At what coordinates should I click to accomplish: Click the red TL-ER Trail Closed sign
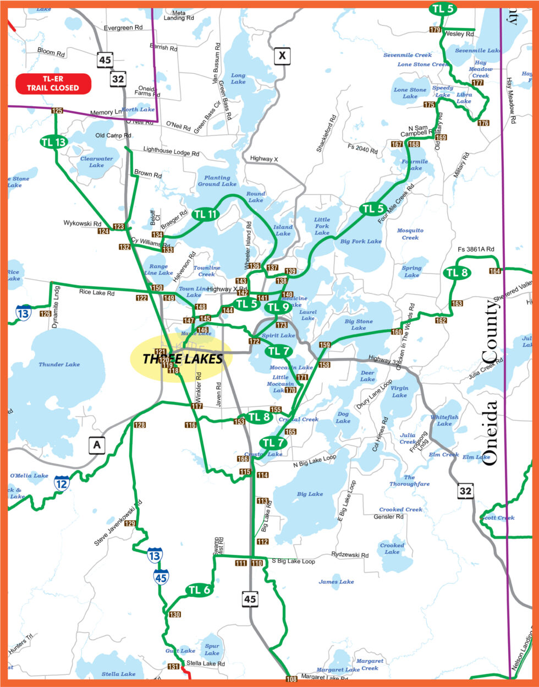coord(53,83)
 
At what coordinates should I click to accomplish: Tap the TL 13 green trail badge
coord(54,142)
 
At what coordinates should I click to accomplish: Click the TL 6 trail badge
coord(199,590)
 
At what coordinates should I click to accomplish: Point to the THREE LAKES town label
coord(182,359)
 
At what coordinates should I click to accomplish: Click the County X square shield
coord(282,56)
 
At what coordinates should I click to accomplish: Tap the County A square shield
coord(97,445)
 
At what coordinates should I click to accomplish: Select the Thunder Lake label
coord(59,364)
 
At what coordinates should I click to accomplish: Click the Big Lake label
coord(310,494)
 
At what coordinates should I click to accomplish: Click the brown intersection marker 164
coord(495,271)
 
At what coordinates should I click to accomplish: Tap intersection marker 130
coord(175,615)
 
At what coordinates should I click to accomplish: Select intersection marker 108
coord(291,679)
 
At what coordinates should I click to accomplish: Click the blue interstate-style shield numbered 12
coord(62,484)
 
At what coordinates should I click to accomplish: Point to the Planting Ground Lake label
coord(217,181)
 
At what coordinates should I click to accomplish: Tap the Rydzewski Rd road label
coord(350,555)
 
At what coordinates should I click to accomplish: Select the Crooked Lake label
coord(392,549)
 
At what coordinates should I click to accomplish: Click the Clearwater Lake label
coord(96,162)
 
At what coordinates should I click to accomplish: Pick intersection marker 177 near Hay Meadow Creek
coord(477,83)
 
